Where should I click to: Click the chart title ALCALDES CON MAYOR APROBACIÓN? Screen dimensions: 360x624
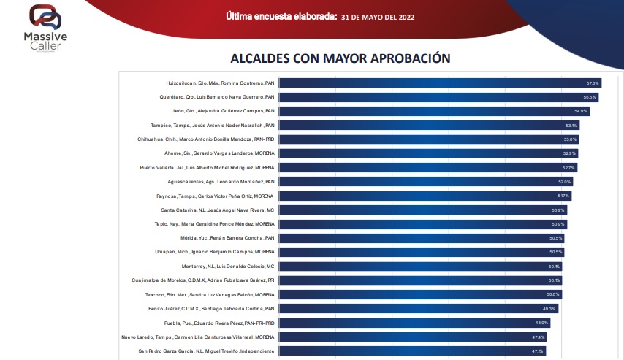(340, 58)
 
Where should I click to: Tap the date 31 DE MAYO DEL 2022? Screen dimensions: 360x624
(378, 16)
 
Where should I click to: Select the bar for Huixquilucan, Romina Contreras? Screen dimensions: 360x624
(438, 83)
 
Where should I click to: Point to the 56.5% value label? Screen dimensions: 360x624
(590, 97)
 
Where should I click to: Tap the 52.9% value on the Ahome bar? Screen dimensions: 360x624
(570, 153)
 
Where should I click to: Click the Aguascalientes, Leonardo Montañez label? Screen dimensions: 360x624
(220, 182)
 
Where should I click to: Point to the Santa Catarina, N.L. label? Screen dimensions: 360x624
(217, 210)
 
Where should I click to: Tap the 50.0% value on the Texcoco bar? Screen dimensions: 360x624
(553, 294)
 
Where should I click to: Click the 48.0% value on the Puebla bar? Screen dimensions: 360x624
(541, 323)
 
